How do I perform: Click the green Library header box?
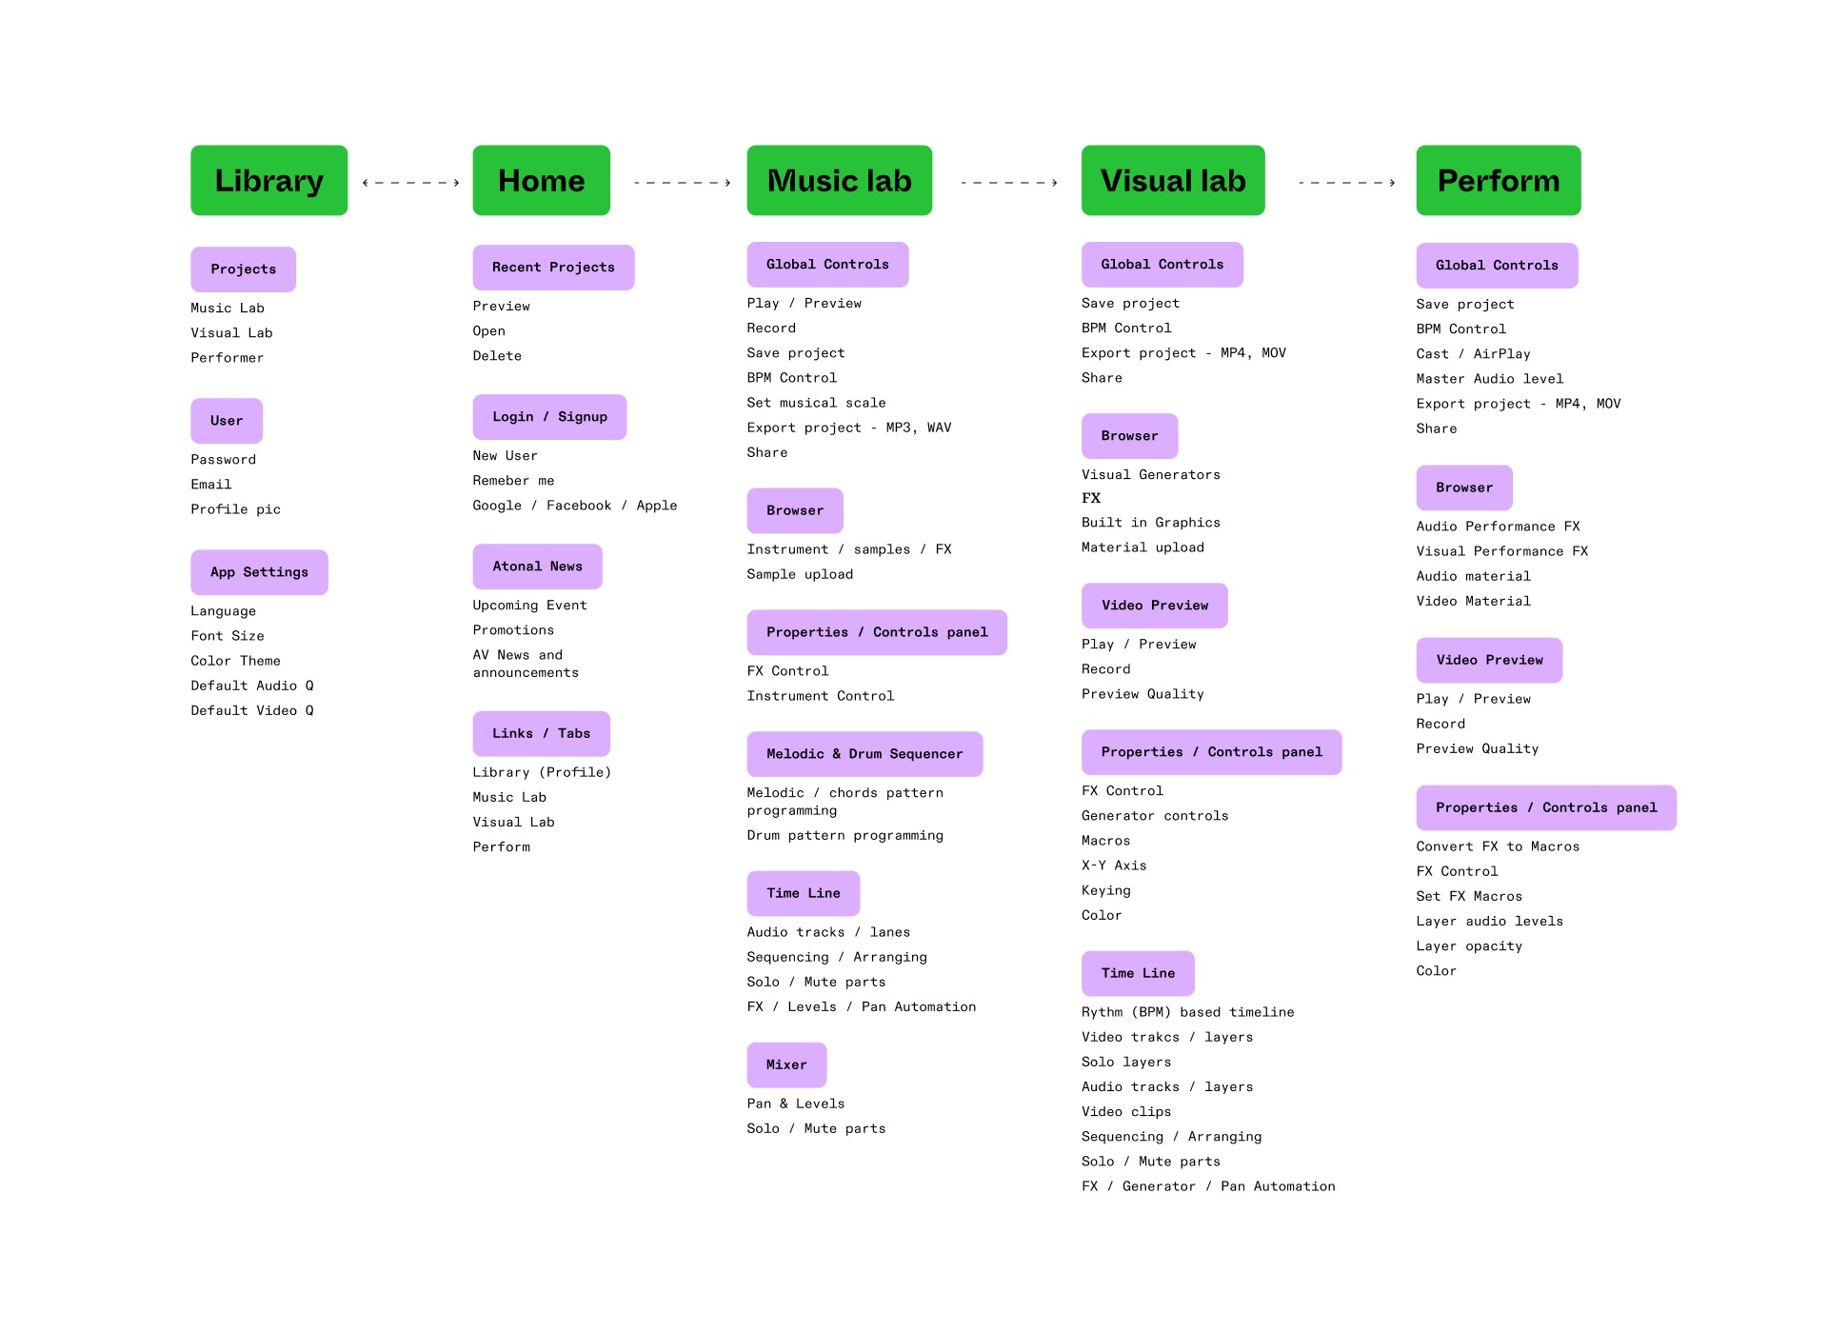(x=268, y=180)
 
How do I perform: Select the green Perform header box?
(x=1498, y=180)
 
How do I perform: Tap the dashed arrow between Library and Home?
(x=410, y=183)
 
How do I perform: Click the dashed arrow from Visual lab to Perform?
(x=1346, y=183)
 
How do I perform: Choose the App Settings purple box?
(x=259, y=572)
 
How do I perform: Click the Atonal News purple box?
(x=537, y=567)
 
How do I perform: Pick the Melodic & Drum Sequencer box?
(x=864, y=754)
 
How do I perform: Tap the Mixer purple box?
(x=786, y=1064)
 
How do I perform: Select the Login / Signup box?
(x=549, y=417)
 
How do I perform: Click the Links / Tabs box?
(x=541, y=733)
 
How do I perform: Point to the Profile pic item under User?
(x=235, y=509)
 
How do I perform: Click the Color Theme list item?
(x=235, y=661)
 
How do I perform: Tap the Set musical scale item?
(x=816, y=403)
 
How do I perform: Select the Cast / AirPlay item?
(x=1473, y=354)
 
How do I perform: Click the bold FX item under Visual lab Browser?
(x=1091, y=498)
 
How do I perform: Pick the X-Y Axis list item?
(x=1114, y=865)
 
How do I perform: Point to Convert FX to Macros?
(x=1498, y=846)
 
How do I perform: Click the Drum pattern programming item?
(x=844, y=835)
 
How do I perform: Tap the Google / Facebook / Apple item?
(x=574, y=506)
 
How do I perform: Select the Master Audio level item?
(x=1489, y=379)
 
